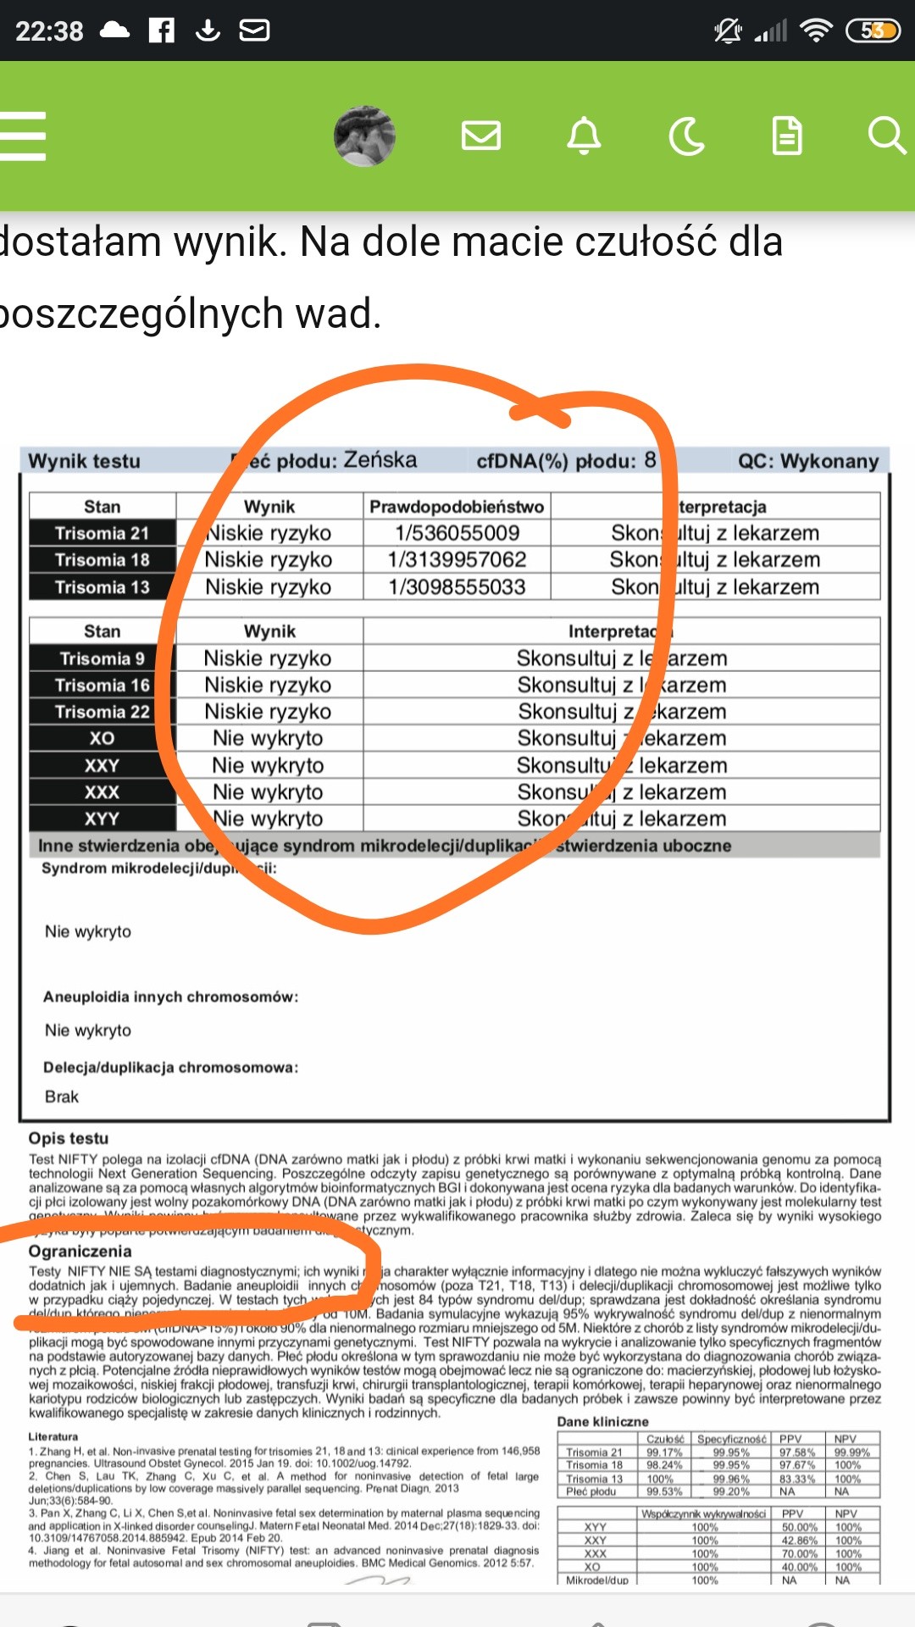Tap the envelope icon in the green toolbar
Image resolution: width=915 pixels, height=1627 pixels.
click(480, 136)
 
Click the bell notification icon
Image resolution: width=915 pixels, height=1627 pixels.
click(584, 136)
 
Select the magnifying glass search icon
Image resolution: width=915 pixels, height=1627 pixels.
click(886, 136)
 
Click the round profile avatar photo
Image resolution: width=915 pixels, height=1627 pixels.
click(364, 136)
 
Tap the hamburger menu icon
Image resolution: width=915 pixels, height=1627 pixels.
click(23, 136)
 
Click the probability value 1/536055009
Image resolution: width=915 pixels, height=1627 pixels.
click(457, 533)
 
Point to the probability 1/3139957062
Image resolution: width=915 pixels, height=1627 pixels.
click(457, 559)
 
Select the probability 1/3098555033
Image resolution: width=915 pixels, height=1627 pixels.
click(457, 586)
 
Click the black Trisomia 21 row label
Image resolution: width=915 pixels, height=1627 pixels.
click(102, 533)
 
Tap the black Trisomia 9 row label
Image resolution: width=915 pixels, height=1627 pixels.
click(102, 658)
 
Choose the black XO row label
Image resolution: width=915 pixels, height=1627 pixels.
click(102, 738)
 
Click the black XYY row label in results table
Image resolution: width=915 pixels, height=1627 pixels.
click(102, 819)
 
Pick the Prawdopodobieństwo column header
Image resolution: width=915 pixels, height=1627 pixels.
click(457, 507)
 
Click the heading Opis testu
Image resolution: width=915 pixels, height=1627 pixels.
click(69, 1138)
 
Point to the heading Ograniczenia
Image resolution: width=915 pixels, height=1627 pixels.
click(80, 1251)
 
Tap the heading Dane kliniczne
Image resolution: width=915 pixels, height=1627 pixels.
click(602, 1421)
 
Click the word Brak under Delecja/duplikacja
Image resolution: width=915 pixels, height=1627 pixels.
click(62, 1097)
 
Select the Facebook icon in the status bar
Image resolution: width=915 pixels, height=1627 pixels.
click(161, 31)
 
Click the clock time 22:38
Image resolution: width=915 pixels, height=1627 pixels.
click(49, 31)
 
